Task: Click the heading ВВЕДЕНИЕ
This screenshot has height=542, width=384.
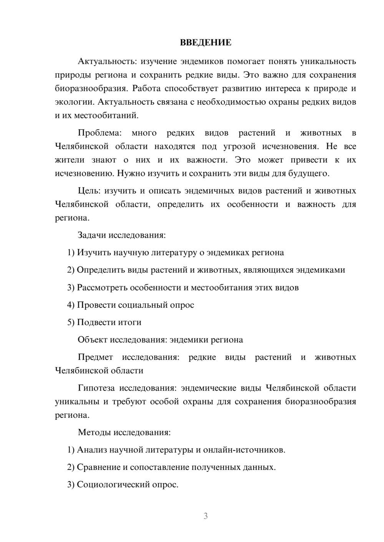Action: point(205,43)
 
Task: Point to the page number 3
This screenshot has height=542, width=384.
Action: point(205,516)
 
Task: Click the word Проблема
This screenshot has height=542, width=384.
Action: point(99,133)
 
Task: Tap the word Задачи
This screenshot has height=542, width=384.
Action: point(92,235)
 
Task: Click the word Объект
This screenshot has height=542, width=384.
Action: point(93,340)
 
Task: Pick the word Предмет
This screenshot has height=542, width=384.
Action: point(95,357)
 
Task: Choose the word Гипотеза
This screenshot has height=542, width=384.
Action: point(96,388)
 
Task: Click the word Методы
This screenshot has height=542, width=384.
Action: point(94,432)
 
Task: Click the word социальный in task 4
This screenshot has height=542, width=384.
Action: point(141,305)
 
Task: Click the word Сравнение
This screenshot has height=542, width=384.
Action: point(98,467)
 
